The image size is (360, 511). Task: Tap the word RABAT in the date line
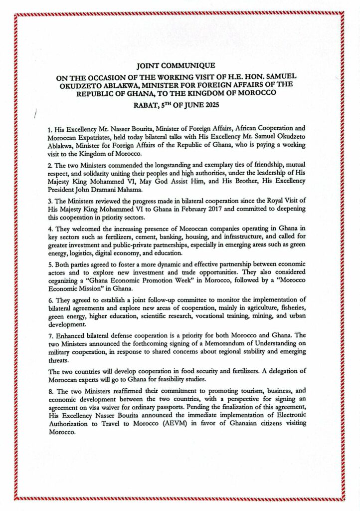coord(147,105)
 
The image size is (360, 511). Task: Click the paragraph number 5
coord(50,264)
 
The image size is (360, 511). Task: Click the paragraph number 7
coord(50,343)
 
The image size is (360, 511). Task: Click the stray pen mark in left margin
coord(36,115)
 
